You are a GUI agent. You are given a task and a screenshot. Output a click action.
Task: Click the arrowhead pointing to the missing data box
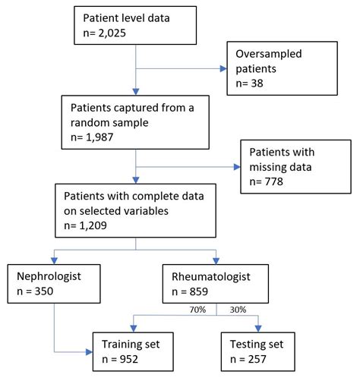[236, 168]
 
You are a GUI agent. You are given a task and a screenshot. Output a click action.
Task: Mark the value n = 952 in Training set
[126, 361]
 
